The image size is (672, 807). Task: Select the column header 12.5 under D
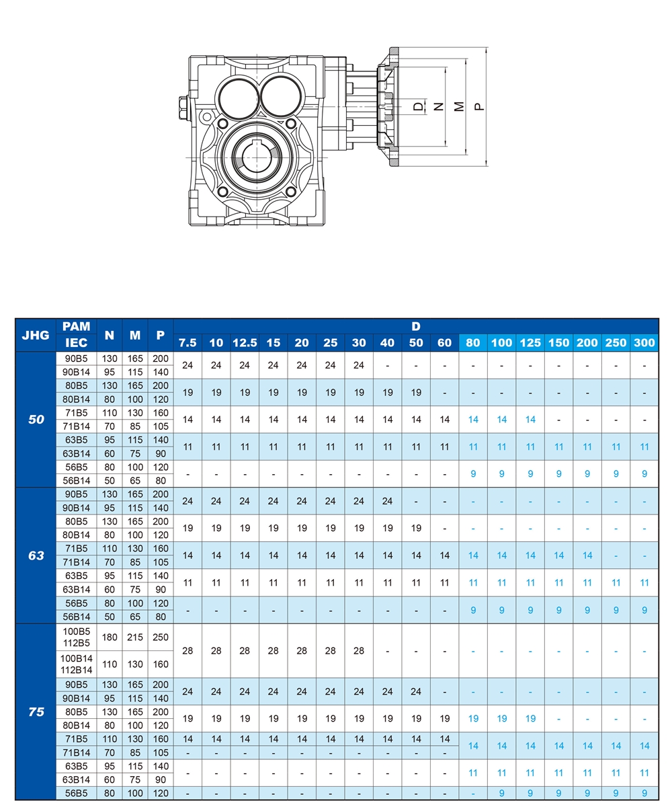click(245, 343)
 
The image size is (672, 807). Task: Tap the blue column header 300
click(644, 343)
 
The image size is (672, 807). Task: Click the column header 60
click(445, 343)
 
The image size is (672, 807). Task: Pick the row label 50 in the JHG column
click(36, 420)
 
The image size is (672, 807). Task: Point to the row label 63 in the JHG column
click(36, 555)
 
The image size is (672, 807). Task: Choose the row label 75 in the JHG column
click(36, 712)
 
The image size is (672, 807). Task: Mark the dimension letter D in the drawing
click(418, 106)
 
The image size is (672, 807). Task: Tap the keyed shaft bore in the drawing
click(256, 159)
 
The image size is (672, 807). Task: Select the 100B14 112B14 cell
click(77, 664)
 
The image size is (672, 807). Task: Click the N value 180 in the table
click(110, 637)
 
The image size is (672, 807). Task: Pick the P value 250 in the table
click(160, 637)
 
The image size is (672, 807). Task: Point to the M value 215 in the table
click(135, 637)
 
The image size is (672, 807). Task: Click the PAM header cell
click(77, 327)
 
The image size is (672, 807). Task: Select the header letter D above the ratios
click(416, 327)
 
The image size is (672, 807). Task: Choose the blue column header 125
click(530, 343)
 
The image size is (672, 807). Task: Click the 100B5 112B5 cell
click(77, 637)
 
